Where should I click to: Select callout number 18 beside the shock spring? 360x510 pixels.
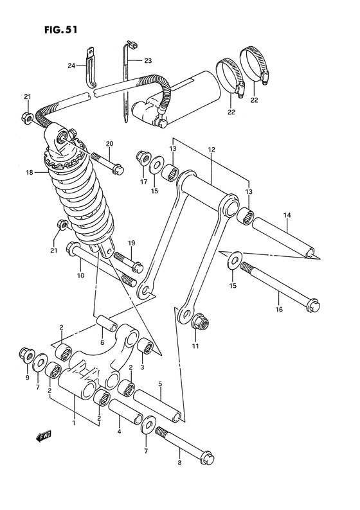(x=29, y=173)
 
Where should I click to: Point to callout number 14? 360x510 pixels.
(x=287, y=215)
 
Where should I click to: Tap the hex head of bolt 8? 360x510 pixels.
(x=206, y=457)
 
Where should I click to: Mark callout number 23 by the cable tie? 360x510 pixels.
(x=148, y=60)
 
